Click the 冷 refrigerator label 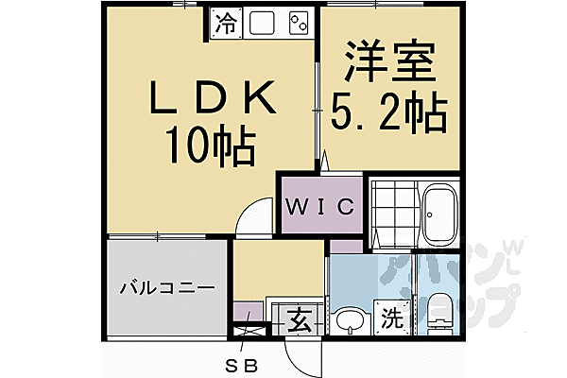point(224,22)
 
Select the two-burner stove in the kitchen point(299,21)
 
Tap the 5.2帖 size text point(387,114)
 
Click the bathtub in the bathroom point(439,214)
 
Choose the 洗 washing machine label point(391,318)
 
